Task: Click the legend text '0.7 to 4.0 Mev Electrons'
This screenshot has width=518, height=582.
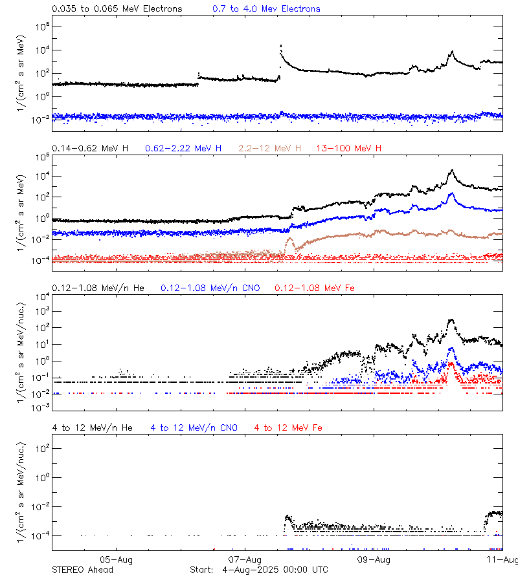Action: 266,9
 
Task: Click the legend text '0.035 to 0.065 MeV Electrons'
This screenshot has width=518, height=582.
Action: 117,9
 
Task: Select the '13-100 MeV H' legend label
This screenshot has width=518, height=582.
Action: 349,149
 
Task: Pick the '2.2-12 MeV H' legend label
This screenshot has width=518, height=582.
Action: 269,149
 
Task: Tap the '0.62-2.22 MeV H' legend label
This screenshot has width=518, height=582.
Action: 183,149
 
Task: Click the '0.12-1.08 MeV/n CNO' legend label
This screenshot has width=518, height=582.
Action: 210,288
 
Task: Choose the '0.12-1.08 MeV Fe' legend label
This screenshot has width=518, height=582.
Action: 314,288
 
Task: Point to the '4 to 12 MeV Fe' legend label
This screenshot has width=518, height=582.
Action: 288,427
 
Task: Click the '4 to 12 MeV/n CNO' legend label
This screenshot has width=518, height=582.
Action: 194,427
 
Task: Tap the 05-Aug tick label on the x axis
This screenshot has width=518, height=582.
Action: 117,559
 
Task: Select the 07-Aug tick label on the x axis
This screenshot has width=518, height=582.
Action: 245,559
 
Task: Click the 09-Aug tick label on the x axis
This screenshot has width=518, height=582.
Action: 374,559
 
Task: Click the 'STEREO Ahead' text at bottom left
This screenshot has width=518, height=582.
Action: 82,570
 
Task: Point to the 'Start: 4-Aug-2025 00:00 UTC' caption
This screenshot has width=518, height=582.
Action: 259,570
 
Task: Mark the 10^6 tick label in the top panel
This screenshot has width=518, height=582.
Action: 39,27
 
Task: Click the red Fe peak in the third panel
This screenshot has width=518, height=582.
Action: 451,364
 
